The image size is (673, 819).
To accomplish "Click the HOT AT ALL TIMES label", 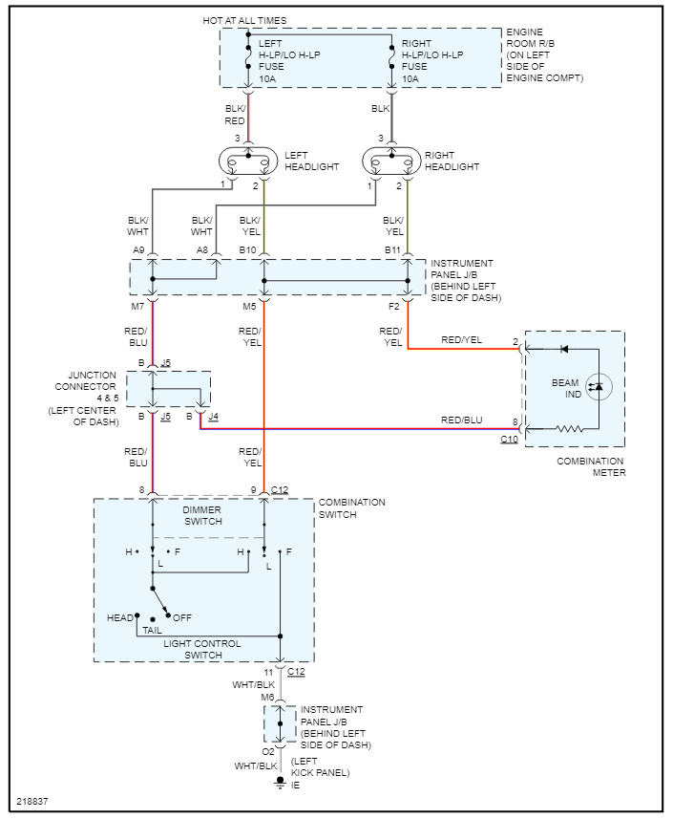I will pyautogui.click(x=244, y=20).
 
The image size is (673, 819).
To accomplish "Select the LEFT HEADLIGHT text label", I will pyautogui.click(x=312, y=161).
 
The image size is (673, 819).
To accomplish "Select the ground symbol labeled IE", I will pyautogui.click(x=281, y=783).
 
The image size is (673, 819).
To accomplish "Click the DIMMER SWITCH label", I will pyautogui.click(x=201, y=515).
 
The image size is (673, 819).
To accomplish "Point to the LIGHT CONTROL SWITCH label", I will pyautogui.click(x=202, y=649).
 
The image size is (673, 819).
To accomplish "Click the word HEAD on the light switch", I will pyautogui.click(x=120, y=617).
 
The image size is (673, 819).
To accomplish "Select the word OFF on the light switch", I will pyautogui.click(x=181, y=618).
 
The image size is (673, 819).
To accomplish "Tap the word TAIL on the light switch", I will pyautogui.click(x=151, y=631).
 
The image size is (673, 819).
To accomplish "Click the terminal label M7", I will pyautogui.click(x=139, y=307).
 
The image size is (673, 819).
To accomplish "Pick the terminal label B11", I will pyautogui.click(x=392, y=249).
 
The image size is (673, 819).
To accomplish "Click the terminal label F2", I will pyautogui.click(x=394, y=307).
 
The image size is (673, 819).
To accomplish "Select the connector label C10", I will pyautogui.click(x=509, y=439).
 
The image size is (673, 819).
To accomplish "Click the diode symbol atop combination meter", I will pyautogui.click(x=564, y=349).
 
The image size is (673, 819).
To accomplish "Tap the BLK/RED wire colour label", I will pyautogui.click(x=235, y=115).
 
